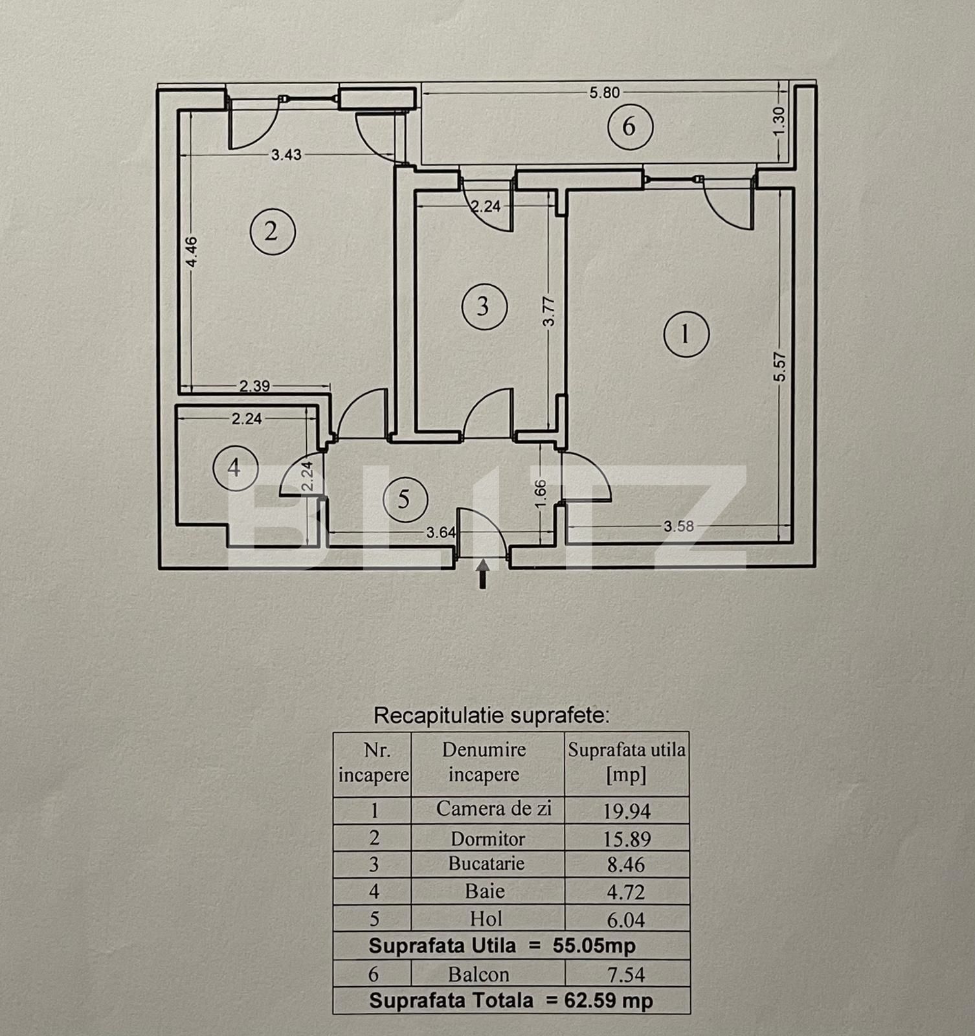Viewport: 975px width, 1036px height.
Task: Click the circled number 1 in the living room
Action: [686, 335]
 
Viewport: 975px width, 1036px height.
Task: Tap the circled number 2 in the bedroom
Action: [273, 231]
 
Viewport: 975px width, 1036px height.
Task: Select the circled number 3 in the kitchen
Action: [484, 306]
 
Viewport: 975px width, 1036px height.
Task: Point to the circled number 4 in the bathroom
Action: [235, 467]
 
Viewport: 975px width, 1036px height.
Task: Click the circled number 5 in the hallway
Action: [405, 499]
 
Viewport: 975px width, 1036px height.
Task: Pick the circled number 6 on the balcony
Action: [629, 126]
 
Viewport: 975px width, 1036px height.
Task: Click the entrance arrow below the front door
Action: [483, 574]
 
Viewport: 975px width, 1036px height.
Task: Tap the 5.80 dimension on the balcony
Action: [604, 93]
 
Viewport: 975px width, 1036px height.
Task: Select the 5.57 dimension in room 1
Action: [780, 366]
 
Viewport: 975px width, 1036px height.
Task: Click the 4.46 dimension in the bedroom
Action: [191, 252]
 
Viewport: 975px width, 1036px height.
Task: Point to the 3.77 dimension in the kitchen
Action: [549, 311]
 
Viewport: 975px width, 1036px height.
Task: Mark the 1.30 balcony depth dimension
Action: [779, 120]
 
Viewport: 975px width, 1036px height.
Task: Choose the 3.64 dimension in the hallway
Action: [441, 533]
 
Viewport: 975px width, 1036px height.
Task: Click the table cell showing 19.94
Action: [626, 811]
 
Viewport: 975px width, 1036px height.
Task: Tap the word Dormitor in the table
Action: [487, 839]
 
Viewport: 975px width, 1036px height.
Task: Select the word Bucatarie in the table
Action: [486, 864]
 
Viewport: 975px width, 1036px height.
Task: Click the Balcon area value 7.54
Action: [626, 974]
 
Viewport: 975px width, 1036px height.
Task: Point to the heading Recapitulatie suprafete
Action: [492, 715]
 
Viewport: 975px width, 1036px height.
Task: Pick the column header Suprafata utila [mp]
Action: [626, 763]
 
